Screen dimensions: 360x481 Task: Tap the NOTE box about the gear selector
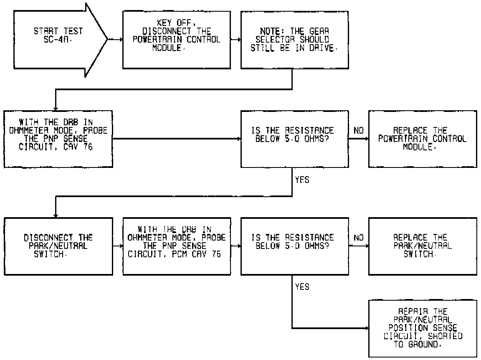294,40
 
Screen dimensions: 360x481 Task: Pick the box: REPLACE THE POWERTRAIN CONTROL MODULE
422,139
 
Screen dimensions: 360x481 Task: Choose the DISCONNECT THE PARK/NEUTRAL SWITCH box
58,246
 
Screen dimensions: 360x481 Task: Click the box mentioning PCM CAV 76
177,246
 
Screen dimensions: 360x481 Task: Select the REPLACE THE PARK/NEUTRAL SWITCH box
422,246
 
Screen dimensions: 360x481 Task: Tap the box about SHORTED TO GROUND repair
422,328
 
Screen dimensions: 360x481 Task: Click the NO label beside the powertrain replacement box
358,131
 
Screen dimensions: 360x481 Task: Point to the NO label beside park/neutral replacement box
358,238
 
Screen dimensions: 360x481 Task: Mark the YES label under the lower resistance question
302,287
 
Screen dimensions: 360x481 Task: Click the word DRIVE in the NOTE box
322,48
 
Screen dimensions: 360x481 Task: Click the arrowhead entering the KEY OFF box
121,40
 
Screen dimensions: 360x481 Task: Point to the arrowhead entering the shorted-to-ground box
367,328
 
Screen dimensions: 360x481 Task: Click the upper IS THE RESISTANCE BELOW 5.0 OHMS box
294,139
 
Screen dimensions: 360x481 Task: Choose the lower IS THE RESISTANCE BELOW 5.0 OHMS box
294,246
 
